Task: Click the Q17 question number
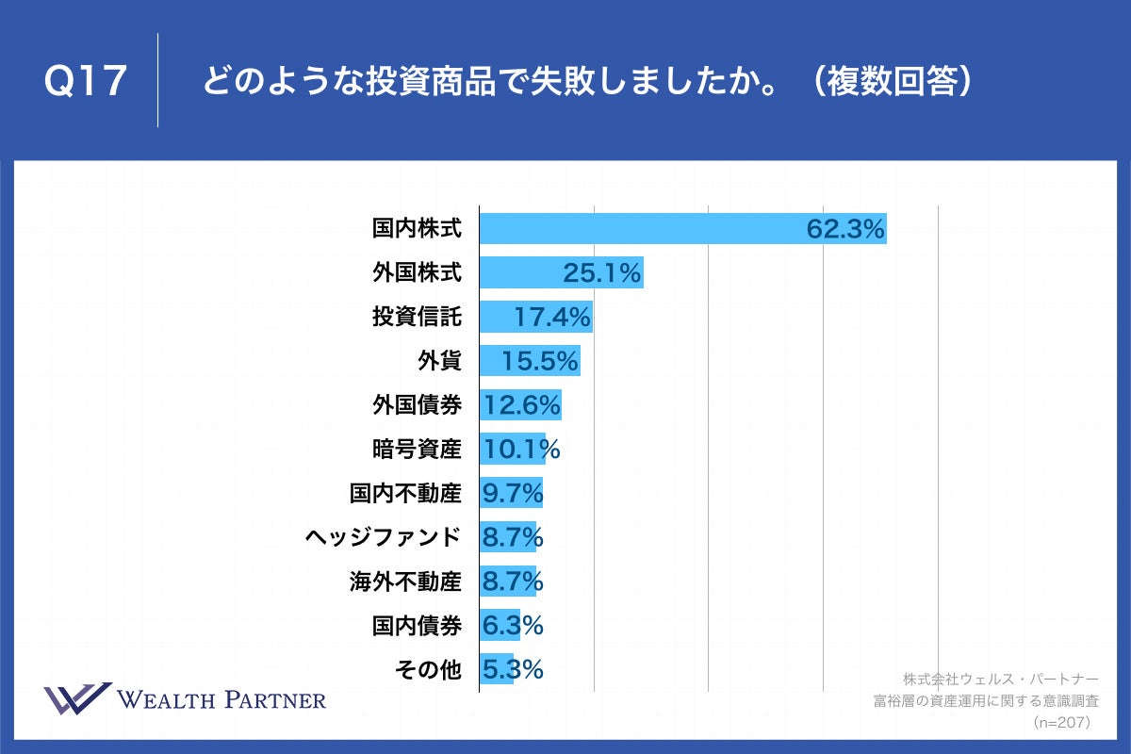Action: (86, 82)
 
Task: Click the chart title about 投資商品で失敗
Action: (586, 82)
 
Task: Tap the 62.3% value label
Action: (845, 229)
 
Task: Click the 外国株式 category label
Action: (417, 273)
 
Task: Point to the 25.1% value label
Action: (602, 273)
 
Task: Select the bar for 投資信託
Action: (535, 317)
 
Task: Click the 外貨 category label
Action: (439, 361)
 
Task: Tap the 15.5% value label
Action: (539, 361)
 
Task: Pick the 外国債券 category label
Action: (417, 405)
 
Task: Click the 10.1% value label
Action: (521, 450)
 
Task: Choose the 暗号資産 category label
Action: (417, 450)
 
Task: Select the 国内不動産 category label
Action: (405, 493)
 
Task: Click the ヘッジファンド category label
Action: (384, 537)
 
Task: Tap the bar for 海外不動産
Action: (507, 582)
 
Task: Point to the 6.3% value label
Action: (513, 626)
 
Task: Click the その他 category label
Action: (428, 670)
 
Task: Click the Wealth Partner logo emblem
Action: (77, 699)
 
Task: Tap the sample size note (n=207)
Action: (1061, 722)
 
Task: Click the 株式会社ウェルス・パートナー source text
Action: (1000, 679)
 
